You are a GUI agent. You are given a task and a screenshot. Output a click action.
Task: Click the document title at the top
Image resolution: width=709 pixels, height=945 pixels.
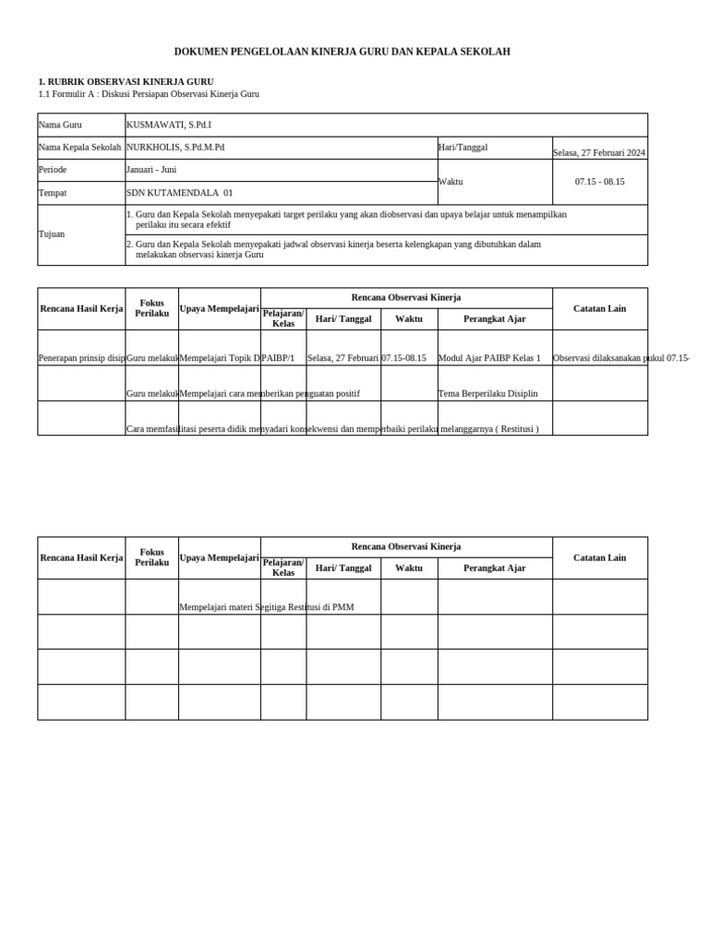[342, 52]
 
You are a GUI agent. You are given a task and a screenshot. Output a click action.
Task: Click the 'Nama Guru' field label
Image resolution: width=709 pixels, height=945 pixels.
[60, 125]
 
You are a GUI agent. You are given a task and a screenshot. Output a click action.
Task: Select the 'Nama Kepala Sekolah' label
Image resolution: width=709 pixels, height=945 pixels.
[79, 148]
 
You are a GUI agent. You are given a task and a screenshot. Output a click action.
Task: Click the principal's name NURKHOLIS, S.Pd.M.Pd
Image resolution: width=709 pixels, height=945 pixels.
[175, 148]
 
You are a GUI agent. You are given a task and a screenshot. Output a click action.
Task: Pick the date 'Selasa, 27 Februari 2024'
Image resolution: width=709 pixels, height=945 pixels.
[599, 152]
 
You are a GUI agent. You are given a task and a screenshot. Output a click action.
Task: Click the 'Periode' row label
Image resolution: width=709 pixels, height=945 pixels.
[53, 170]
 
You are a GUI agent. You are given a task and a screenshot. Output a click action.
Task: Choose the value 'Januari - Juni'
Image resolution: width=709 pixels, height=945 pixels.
[151, 170]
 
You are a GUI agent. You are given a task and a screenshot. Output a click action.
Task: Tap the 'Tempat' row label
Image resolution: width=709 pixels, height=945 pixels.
[52, 193]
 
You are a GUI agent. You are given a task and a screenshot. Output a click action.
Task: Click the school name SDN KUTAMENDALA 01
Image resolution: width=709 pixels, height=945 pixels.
[180, 193]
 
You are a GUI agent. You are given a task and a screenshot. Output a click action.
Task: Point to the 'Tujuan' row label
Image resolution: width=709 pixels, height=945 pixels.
[52, 234]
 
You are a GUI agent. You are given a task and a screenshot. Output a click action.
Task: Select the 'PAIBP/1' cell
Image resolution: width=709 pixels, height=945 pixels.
[278, 358]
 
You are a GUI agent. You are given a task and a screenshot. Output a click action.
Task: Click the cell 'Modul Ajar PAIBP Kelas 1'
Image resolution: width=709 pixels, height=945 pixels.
[489, 358]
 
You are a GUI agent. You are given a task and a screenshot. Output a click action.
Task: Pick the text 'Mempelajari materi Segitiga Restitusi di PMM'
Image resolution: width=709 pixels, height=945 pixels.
[267, 607]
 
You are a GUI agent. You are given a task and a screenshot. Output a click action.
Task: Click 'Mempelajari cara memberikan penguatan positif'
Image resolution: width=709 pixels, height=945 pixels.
[270, 393]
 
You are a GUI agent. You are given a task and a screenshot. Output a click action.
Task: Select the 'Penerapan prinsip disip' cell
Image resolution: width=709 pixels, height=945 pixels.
[81, 358]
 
